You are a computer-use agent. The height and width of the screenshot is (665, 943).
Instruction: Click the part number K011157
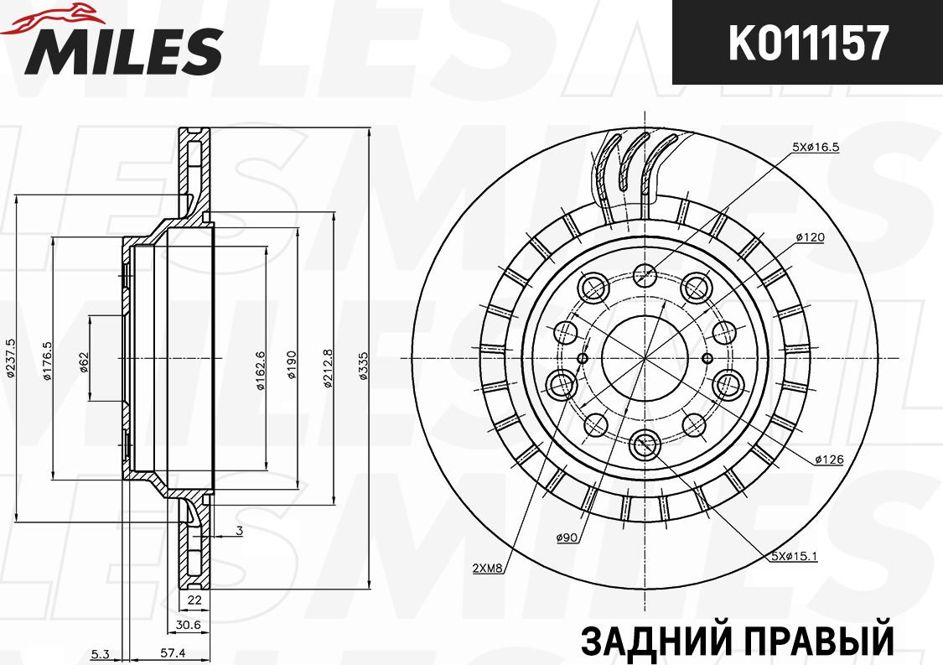(807, 43)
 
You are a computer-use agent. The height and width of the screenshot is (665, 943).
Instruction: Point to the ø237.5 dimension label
(9, 358)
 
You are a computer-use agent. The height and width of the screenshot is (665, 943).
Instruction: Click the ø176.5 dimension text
(47, 361)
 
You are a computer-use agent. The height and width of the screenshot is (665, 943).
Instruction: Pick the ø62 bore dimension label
(84, 360)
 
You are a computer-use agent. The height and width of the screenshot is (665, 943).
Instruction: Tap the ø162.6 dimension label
(261, 370)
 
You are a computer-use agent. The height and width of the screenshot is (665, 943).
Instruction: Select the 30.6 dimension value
(188, 624)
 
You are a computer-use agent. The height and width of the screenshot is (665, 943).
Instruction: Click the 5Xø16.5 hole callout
(816, 147)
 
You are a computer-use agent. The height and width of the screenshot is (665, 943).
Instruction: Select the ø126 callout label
(827, 460)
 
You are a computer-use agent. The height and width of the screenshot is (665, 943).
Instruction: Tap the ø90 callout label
(567, 538)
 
